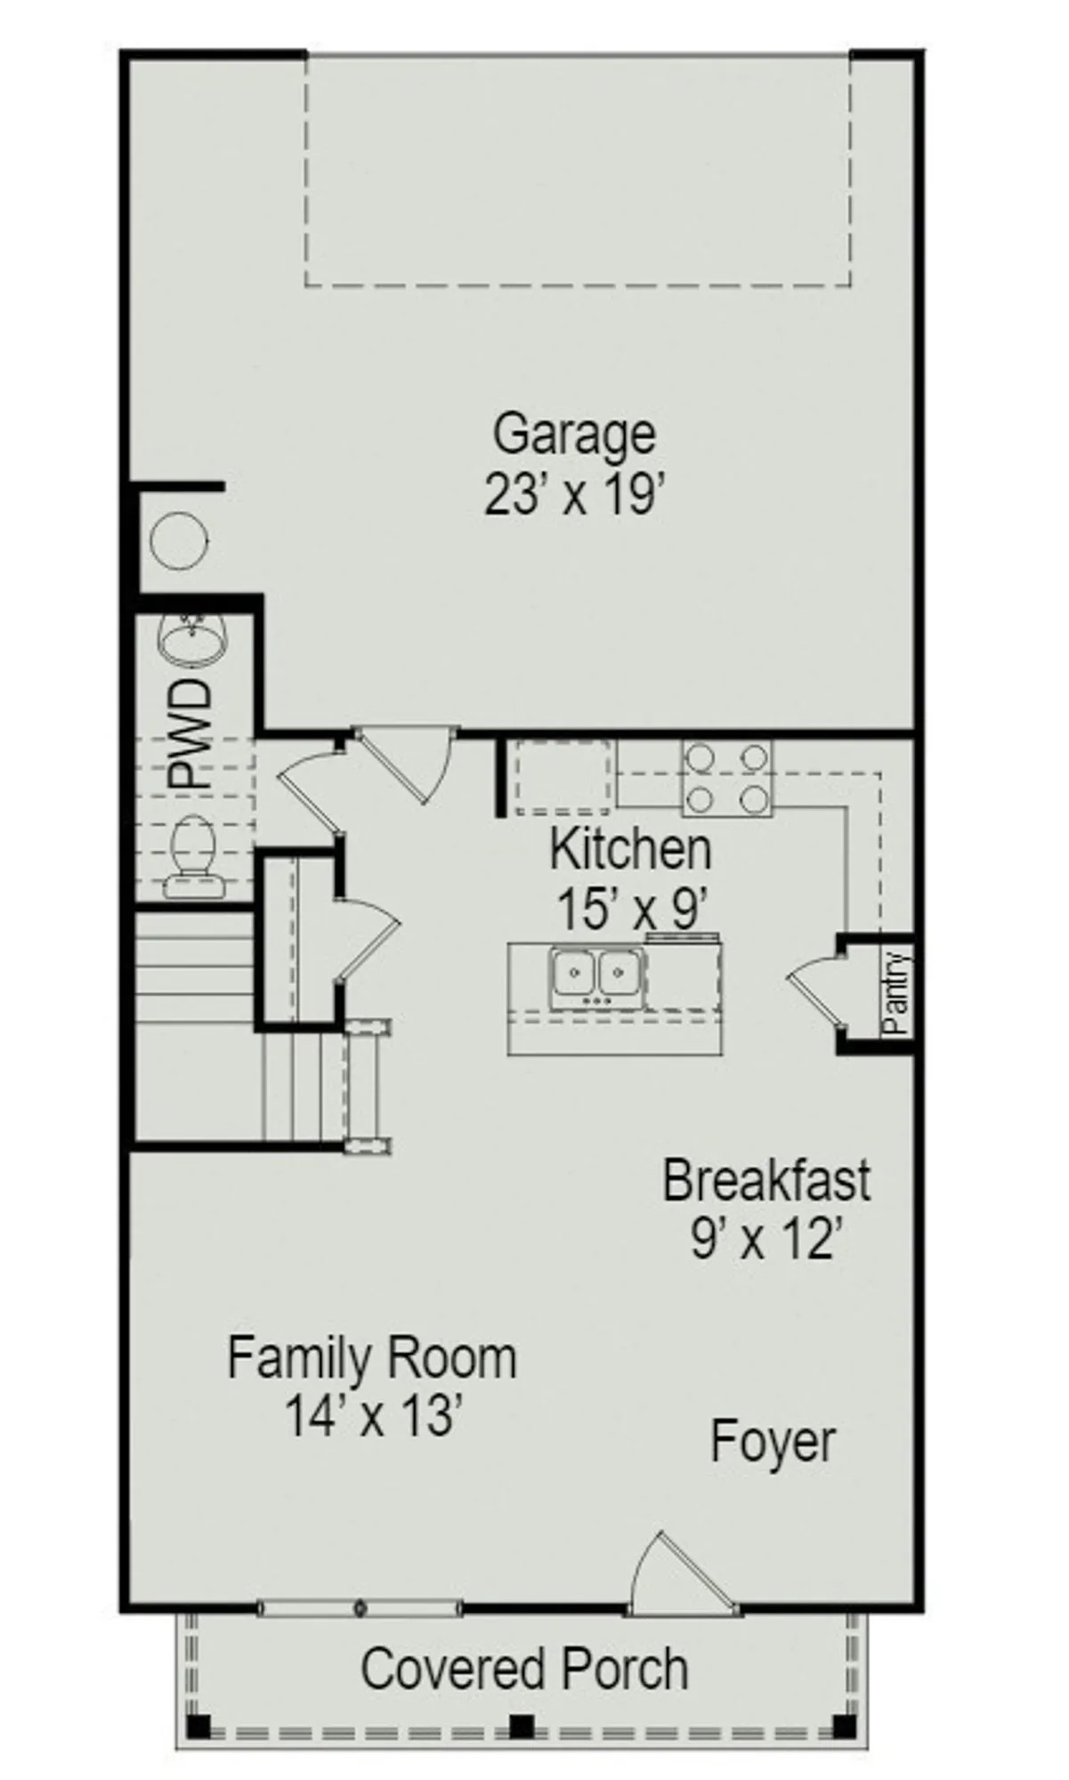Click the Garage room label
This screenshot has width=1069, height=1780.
(574, 435)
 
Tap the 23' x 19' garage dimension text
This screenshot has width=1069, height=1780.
(574, 495)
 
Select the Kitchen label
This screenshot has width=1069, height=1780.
(630, 850)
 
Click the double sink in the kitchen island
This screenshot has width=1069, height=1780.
(596, 975)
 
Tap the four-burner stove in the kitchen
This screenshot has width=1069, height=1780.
(727, 780)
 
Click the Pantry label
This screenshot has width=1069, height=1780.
(897, 992)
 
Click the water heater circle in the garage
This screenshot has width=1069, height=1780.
(179, 540)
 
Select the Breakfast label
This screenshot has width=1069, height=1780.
(766, 1180)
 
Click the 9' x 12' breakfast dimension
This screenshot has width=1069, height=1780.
(766, 1238)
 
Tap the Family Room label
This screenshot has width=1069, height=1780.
(371, 1359)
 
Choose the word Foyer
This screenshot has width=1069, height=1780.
(773, 1441)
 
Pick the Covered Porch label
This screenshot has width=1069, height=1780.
(524, 1670)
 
